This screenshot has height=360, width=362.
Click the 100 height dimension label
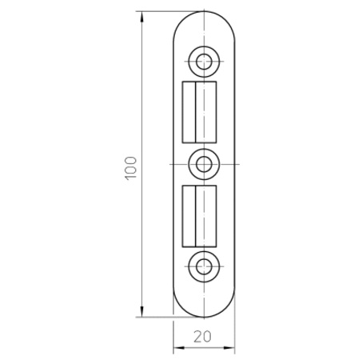tap(131, 168)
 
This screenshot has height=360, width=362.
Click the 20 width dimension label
tap(202, 337)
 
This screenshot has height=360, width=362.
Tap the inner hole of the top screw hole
tap(204, 62)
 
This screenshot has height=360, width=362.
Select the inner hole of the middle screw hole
tap(204, 164)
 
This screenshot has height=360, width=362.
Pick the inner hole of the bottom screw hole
tap(204, 266)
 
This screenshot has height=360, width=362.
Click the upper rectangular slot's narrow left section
tap(189, 112)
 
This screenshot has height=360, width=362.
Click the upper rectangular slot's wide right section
tap(206, 112)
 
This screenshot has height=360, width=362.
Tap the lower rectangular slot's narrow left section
tap(189, 216)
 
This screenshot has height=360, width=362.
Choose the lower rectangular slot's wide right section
tap(206, 216)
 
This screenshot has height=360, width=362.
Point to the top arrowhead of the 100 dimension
tap(141, 17)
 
